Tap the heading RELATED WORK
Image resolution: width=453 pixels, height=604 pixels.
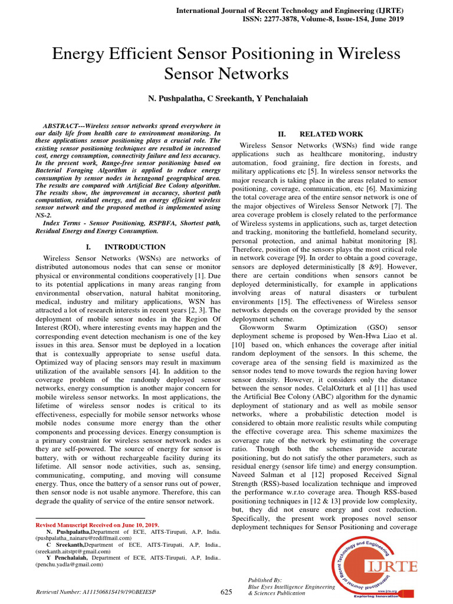click(x=331, y=134)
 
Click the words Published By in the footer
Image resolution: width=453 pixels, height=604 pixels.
click(x=265, y=580)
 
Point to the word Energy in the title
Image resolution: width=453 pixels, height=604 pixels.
click(x=79, y=55)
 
